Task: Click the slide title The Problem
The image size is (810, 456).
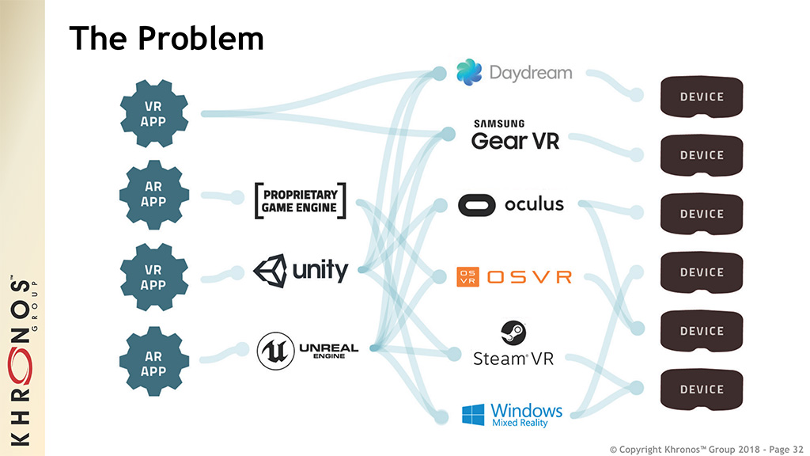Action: [x=166, y=37]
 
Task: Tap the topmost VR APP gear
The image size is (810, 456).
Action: [x=154, y=114]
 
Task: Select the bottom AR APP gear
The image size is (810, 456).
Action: [x=154, y=363]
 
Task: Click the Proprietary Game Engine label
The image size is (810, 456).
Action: [x=300, y=201]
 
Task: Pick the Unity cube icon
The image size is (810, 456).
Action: [x=270, y=272]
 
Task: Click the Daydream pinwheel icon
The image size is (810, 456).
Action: [x=469, y=73]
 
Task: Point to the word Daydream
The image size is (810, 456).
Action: [x=530, y=73]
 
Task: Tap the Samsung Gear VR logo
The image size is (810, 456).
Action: [x=515, y=135]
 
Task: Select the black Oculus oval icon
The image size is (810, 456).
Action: [x=476, y=206]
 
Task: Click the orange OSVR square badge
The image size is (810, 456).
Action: [x=467, y=277]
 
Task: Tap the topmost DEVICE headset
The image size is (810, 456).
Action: [x=702, y=97]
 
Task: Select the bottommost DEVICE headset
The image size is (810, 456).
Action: [x=702, y=389]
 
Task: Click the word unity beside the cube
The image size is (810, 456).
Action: [x=320, y=271]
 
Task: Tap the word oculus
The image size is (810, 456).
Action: [x=534, y=205]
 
